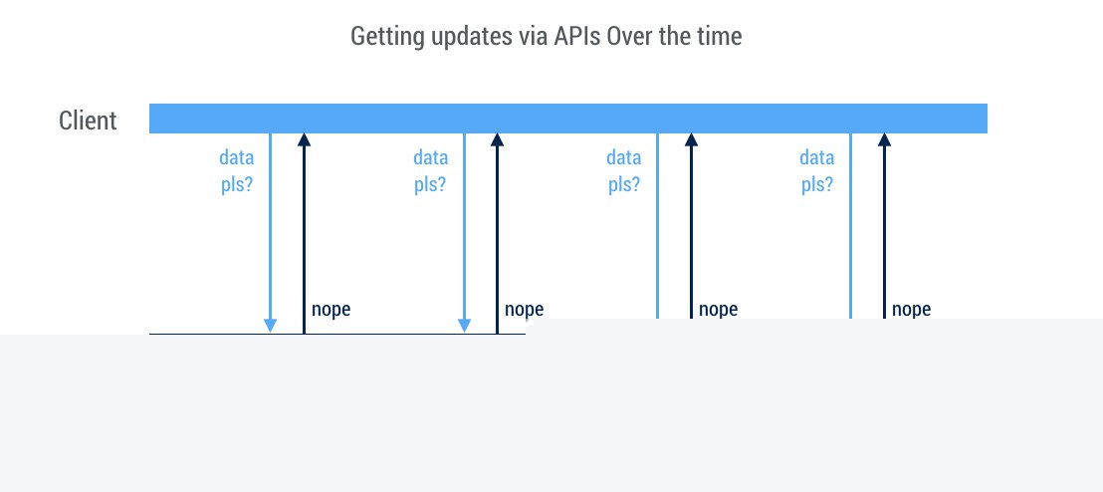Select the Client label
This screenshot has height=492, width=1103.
click(88, 121)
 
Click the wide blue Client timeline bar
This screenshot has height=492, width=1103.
click(568, 119)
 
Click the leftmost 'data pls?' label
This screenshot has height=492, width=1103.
click(236, 171)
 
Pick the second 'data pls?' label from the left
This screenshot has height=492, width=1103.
click(430, 171)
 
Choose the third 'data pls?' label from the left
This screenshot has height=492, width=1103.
click(624, 171)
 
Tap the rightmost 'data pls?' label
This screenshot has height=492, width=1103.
click(816, 171)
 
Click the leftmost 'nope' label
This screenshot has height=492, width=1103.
click(331, 309)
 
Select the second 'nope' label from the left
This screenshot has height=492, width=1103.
click(524, 309)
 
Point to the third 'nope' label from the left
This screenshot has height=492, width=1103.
click(718, 309)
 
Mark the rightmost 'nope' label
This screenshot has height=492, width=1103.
click(911, 309)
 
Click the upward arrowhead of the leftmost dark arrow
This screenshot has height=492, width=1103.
click(304, 139)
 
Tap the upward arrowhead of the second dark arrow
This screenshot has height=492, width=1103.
click(498, 139)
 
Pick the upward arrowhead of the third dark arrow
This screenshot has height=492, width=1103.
click(692, 139)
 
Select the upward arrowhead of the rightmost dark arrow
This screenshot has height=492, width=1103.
click(884, 139)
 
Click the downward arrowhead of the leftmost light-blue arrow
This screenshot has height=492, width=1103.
click(270, 326)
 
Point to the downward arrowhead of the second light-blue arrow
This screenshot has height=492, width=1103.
click(464, 326)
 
